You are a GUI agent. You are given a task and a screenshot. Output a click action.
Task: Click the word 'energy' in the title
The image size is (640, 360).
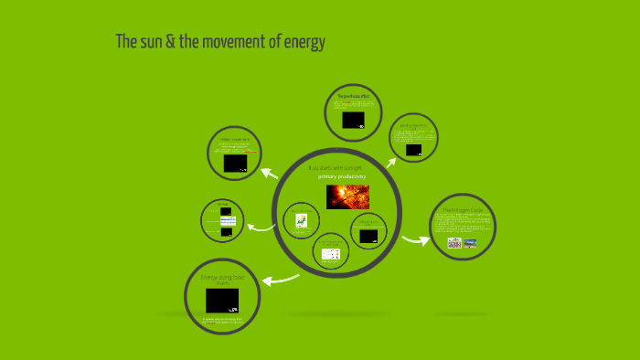(304, 43)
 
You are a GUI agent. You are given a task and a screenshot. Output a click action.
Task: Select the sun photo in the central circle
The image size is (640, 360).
(347, 196)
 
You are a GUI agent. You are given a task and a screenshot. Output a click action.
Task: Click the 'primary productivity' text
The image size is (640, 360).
(341, 176)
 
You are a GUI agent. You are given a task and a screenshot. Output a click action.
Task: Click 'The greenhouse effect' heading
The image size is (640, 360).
(352, 96)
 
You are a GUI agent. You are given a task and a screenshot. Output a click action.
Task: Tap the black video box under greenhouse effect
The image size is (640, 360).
(353, 120)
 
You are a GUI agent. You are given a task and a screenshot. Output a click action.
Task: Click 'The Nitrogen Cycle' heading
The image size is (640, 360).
(463, 210)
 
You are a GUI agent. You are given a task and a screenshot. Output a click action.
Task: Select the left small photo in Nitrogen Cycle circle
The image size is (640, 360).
(454, 243)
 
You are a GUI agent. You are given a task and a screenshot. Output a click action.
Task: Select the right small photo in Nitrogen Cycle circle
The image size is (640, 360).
(470, 243)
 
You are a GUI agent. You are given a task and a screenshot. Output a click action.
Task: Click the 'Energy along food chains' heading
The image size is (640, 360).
(222, 279)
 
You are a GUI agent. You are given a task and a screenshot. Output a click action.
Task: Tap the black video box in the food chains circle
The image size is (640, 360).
(222, 301)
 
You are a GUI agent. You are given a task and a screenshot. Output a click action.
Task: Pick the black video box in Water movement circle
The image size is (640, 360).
(235, 163)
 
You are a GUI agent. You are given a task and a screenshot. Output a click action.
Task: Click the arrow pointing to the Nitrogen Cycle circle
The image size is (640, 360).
(416, 240)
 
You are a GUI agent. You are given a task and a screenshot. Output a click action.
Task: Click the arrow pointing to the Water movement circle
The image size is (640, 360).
(270, 171)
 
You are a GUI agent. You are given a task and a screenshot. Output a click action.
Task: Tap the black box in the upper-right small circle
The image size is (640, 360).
(413, 149)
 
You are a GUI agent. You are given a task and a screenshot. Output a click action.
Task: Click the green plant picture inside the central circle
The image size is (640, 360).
(301, 220)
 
